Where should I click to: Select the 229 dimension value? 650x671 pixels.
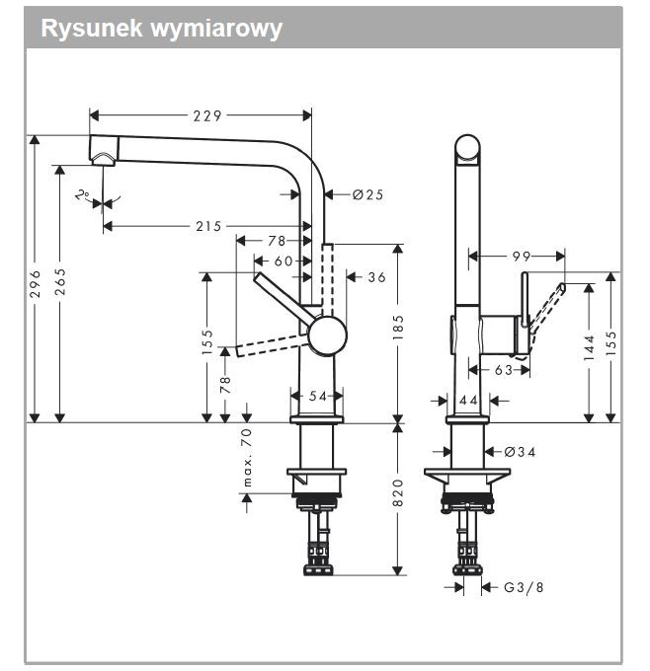pyautogui.click(x=206, y=116)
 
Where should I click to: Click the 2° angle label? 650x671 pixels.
pyautogui.click(x=82, y=195)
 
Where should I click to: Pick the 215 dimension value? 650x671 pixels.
pyautogui.click(x=206, y=226)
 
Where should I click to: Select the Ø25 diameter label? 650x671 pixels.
pyautogui.click(x=366, y=194)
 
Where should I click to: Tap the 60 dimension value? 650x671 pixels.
pyautogui.click(x=284, y=261)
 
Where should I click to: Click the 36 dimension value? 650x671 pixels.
pyautogui.click(x=376, y=277)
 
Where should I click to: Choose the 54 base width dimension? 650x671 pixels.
pyautogui.click(x=317, y=396)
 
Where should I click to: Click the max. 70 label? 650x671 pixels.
pyautogui.click(x=247, y=457)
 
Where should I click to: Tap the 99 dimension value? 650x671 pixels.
pyautogui.click(x=521, y=256)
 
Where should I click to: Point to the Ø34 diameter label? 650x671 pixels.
pyautogui.click(x=520, y=452)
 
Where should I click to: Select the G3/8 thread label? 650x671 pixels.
pyautogui.click(x=524, y=587)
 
